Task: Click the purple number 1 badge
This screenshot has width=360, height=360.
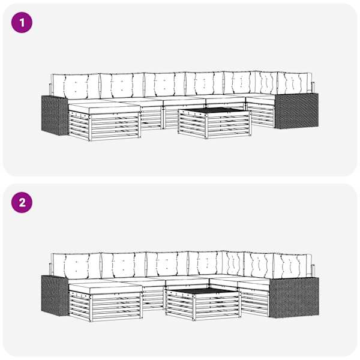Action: click(x=22, y=23)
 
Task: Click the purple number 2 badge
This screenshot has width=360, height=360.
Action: click(x=22, y=203)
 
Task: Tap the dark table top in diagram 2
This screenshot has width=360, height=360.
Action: click(x=205, y=290)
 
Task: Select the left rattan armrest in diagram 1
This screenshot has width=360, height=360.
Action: click(x=55, y=115)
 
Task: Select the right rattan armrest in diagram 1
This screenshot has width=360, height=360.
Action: click(x=296, y=111)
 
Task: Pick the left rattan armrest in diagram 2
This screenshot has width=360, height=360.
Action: click(x=55, y=295)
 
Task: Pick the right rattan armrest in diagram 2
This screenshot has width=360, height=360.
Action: click(x=294, y=297)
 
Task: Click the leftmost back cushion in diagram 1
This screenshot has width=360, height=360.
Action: click(x=76, y=86)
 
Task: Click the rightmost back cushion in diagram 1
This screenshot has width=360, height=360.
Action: click(x=295, y=83)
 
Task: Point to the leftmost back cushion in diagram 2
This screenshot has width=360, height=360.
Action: click(x=76, y=266)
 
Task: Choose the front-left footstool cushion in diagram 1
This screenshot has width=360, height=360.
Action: click(x=104, y=107)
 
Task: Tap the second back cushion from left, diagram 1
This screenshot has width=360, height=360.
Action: click(x=122, y=85)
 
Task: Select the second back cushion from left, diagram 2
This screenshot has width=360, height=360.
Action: click(x=123, y=265)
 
